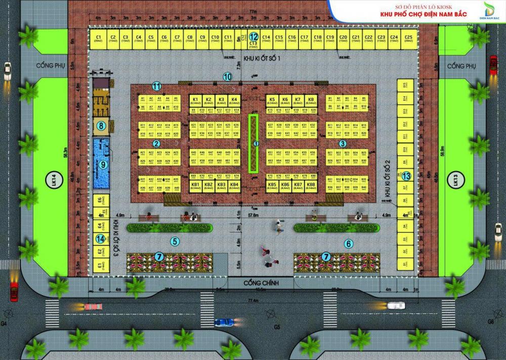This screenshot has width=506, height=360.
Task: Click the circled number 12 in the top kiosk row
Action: (x=254, y=36)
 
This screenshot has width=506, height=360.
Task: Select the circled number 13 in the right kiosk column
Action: (x=406, y=176)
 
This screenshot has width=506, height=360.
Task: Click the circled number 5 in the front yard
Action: (x=175, y=242)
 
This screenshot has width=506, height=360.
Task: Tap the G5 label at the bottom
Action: (x=277, y=327)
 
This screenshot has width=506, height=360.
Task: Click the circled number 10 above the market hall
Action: (x=227, y=77)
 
